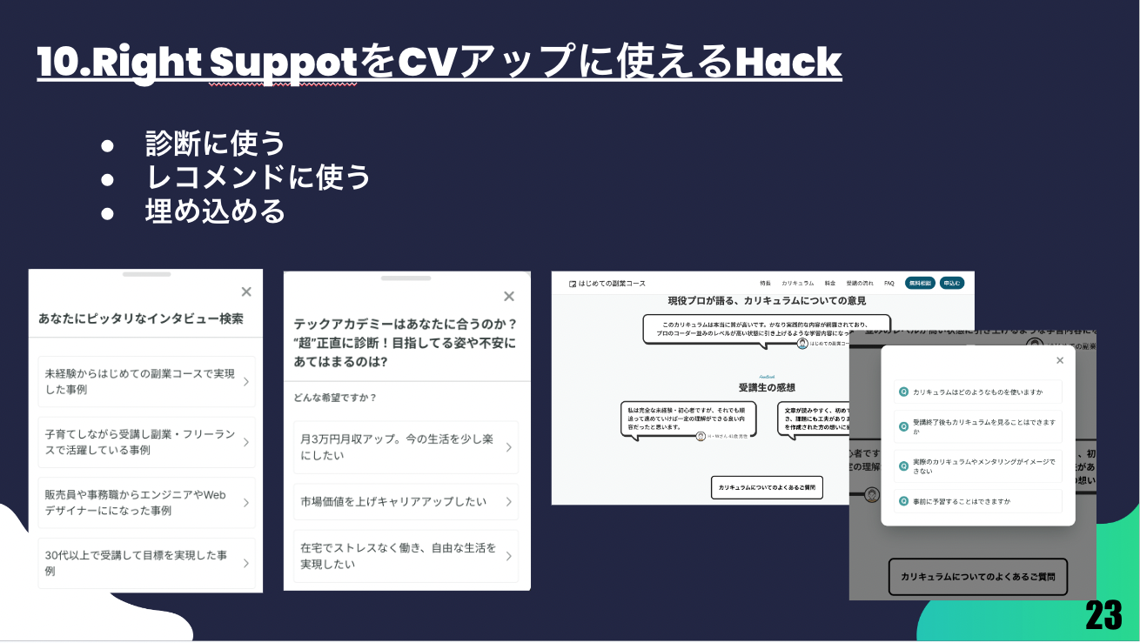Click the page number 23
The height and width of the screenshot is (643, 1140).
(x=1103, y=615)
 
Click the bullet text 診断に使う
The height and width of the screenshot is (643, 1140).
(x=215, y=143)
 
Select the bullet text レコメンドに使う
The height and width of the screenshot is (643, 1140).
(x=258, y=177)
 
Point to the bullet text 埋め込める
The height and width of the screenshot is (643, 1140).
(x=215, y=211)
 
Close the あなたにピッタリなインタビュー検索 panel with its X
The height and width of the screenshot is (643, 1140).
(x=246, y=292)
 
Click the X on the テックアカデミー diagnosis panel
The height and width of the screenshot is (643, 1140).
(x=509, y=297)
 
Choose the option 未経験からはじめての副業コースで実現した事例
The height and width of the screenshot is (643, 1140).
(x=145, y=381)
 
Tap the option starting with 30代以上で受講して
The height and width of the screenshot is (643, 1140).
(x=145, y=563)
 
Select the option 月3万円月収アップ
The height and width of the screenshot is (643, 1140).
(x=405, y=447)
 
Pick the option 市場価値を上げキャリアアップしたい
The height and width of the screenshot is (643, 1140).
(x=405, y=502)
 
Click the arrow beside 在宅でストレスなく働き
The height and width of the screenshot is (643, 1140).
(x=508, y=556)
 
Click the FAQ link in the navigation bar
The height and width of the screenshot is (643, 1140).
(x=889, y=283)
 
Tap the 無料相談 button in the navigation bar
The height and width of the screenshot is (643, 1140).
(x=920, y=283)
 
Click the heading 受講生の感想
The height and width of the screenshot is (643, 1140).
(x=767, y=387)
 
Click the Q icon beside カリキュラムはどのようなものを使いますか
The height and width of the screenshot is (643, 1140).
(x=903, y=392)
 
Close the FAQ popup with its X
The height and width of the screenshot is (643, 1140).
(x=1059, y=360)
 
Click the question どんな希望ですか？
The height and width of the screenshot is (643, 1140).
(x=335, y=398)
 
